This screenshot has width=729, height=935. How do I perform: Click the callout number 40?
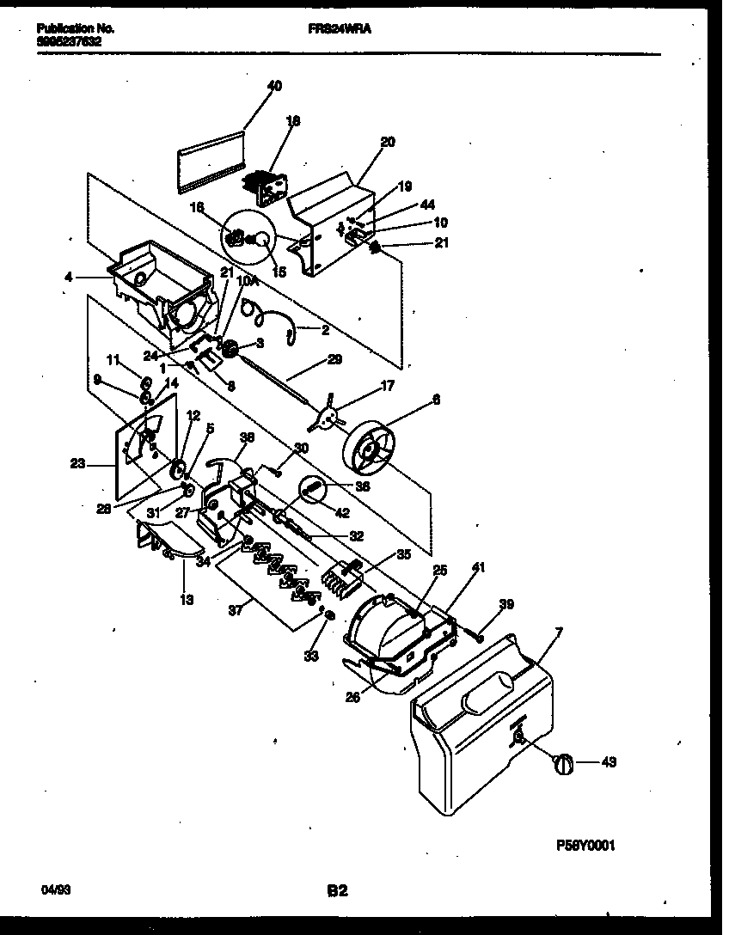pos(274,86)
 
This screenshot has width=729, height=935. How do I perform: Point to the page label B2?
pos(336,891)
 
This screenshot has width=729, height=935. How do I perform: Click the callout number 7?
pos(559,633)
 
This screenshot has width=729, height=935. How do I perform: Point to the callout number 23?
pos(77,463)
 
